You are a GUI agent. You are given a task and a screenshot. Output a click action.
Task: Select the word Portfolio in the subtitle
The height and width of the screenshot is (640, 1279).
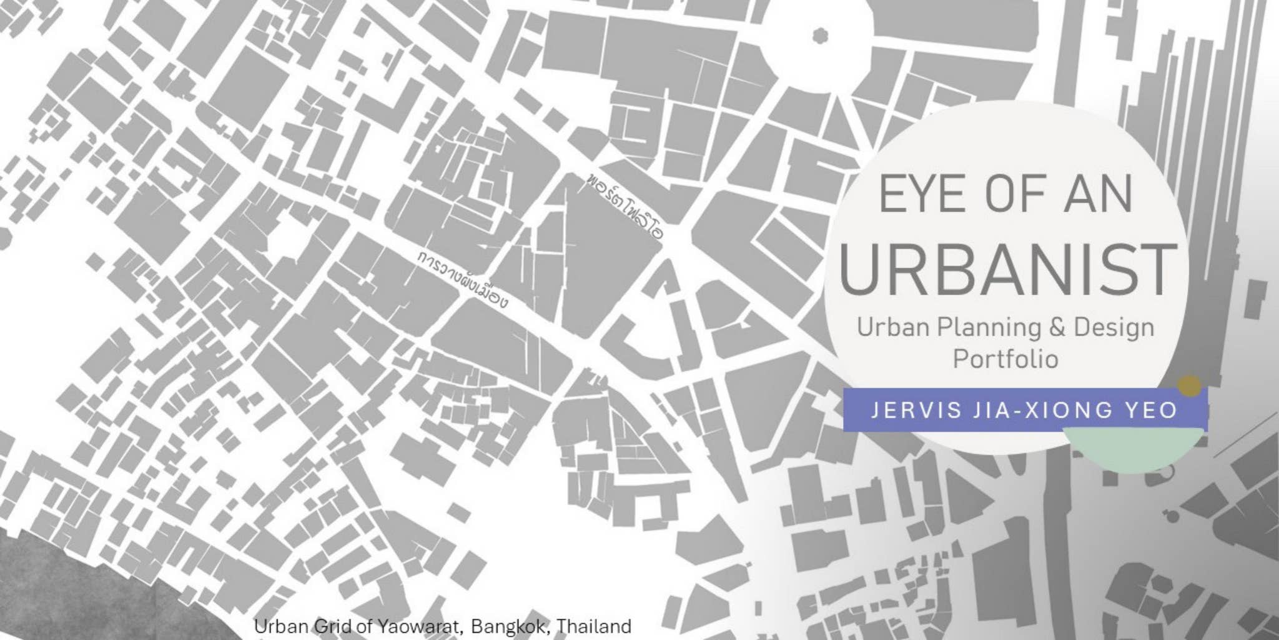coord(1005,359)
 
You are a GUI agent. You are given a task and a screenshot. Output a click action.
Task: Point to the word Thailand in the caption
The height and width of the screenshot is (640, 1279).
coord(593,626)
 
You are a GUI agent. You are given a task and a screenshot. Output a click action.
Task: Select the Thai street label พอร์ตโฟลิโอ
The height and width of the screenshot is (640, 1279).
coord(625,207)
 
